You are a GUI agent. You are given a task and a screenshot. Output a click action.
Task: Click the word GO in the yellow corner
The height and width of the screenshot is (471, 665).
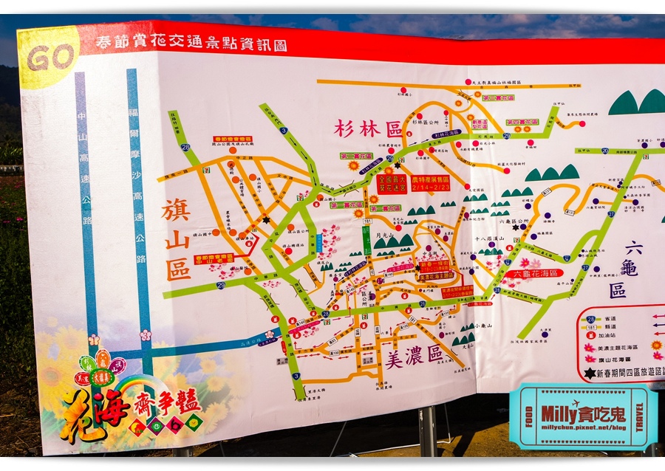tap(51, 57)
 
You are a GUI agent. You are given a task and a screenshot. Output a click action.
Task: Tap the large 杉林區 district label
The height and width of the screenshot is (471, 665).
tap(366, 128)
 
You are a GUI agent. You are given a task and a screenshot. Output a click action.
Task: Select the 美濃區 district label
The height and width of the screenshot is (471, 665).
tap(414, 355)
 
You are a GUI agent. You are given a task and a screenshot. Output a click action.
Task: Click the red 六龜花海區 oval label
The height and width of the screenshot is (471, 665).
tap(533, 273)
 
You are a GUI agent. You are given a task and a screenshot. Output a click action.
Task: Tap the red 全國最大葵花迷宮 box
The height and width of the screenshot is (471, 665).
tap(392, 183)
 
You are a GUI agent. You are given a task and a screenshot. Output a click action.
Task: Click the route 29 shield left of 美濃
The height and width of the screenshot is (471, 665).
tap(221, 284)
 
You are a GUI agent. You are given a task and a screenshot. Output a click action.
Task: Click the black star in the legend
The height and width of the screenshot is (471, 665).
tap(589, 374)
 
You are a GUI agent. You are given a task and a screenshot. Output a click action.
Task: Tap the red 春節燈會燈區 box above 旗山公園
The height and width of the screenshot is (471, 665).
tap(233, 139)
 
